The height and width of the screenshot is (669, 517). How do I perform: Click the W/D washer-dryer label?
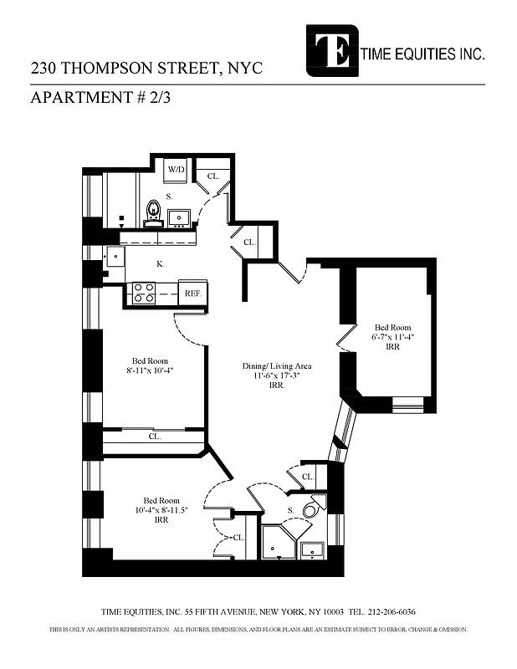177,170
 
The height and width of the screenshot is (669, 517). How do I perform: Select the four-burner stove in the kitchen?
142,294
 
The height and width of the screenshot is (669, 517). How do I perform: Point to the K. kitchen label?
161,264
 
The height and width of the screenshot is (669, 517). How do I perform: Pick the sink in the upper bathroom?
179,218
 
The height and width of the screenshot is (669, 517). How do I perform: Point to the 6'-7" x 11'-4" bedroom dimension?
393,337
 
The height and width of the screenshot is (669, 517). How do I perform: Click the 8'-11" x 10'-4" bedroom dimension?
150,370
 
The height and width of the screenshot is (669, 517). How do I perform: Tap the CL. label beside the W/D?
213,176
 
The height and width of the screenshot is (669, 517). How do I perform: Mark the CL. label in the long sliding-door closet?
155,437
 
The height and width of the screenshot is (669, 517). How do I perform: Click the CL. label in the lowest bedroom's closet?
238,538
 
